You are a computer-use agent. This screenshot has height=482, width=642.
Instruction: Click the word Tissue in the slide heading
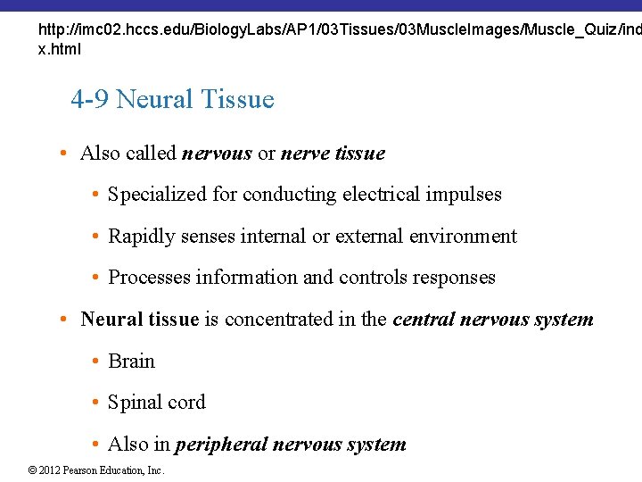click(239, 99)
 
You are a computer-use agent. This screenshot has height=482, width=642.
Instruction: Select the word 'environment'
click(463, 237)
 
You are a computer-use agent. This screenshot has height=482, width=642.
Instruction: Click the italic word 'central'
click(424, 320)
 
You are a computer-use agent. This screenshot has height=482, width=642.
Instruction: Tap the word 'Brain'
click(131, 361)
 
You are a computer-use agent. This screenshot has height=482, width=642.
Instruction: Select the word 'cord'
click(187, 403)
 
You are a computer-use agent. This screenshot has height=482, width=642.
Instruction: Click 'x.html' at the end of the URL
click(59, 49)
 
